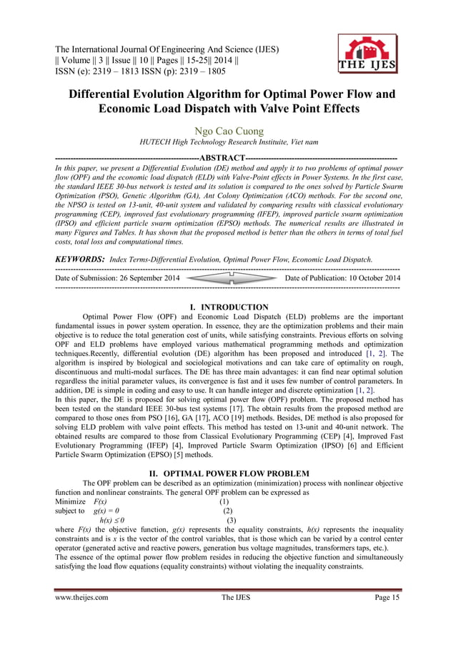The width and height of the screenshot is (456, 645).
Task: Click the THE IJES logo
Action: (367, 54)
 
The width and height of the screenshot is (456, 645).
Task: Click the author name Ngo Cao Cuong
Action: (227, 131)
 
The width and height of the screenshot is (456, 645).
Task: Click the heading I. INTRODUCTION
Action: (227, 307)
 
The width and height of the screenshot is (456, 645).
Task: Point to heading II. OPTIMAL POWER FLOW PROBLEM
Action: (227, 473)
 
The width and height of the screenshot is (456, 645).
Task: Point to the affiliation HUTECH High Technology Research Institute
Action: (227, 145)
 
